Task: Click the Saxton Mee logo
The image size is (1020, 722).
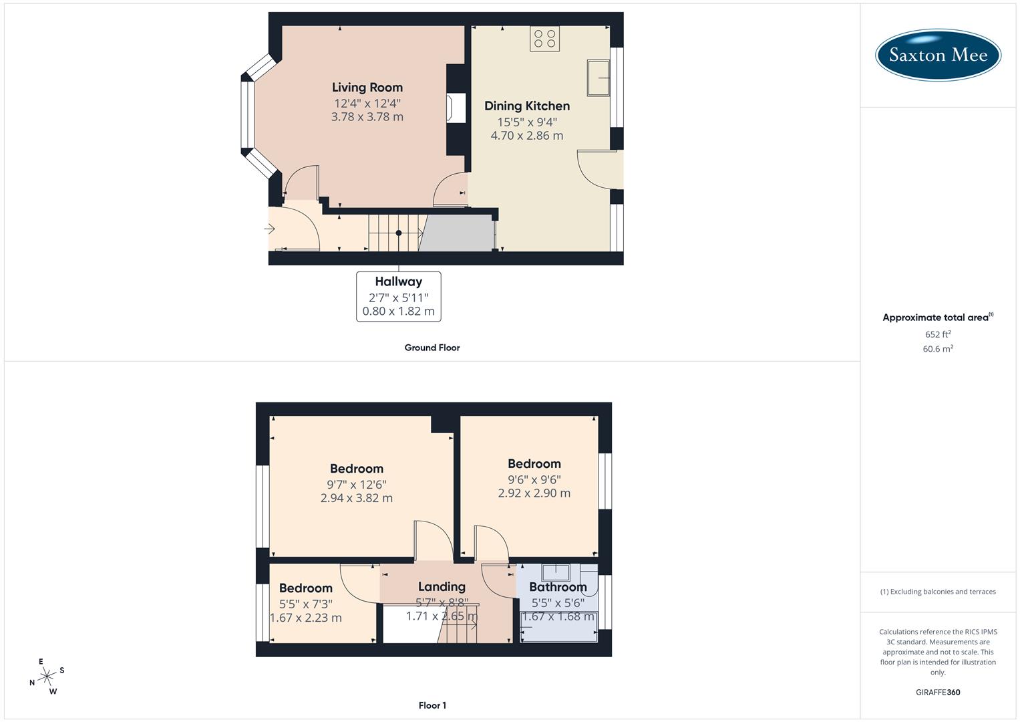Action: click(x=938, y=55)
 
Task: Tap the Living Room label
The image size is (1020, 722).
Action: click(x=367, y=88)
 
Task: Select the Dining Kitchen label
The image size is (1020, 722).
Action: click(x=527, y=106)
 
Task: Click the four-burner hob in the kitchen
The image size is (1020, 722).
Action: click(x=544, y=39)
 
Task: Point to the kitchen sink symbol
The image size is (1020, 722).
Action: click(x=599, y=78)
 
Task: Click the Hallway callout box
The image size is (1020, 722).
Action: click(x=399, y=296)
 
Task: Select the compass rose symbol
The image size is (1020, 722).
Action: click(x=47, y=677)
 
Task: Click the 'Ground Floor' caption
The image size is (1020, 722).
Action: click(x=432, y=348)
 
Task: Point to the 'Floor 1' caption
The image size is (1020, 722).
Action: click(x=432, y=705)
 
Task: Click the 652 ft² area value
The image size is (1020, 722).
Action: click(x=938, y=334)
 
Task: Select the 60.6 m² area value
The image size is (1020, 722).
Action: click(x=938, y=349)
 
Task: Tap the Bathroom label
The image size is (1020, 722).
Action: click(x=558, y=588)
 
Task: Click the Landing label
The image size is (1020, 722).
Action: click(x=442, y=587)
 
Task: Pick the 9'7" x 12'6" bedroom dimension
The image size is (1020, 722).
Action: click(x=357, y=485)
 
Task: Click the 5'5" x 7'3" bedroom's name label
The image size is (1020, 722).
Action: click(x=306, y=588)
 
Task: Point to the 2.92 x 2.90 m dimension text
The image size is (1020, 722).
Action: click(x=534, y=493)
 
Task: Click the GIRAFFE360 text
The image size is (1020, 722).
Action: click(x=938, y=692)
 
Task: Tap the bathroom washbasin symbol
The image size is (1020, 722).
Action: click(x=556, y=572)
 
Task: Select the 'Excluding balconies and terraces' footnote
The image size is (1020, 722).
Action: click(x=938, y=592)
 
